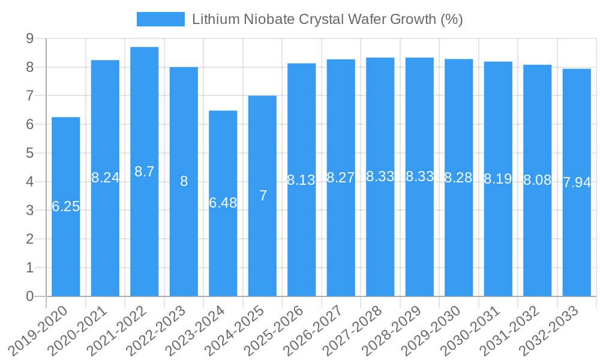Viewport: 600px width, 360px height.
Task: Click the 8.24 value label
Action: coord(106,178)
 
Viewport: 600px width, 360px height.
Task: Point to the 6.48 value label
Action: coord(223,203)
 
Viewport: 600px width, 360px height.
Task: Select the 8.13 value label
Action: coord(301,180)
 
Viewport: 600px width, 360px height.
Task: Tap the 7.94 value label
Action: coord(577,182)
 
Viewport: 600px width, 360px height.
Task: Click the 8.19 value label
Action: coord(498,178)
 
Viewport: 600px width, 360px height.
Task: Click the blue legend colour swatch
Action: coord(160,19)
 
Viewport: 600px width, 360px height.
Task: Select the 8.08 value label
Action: coord(537,180)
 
